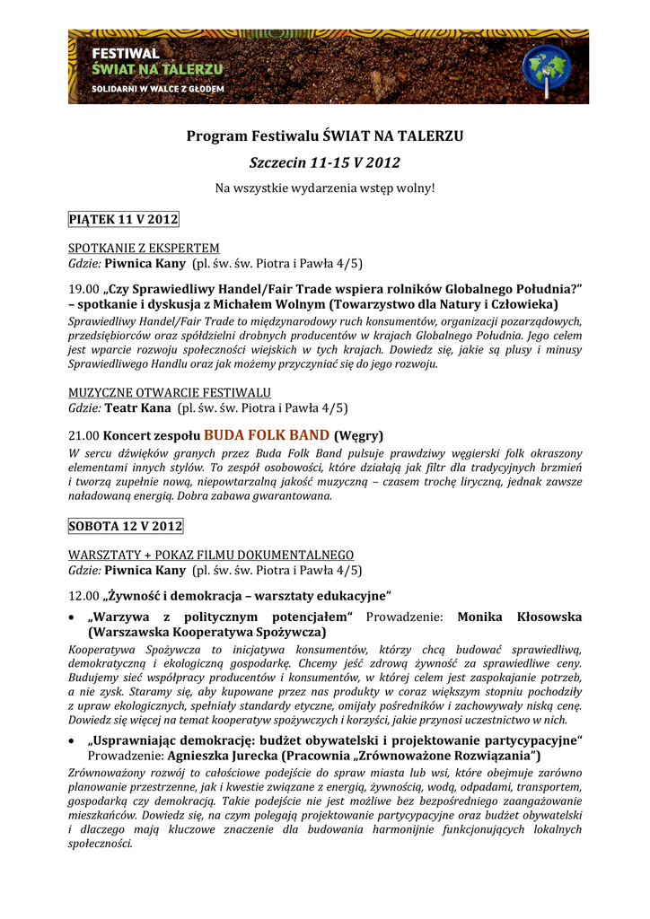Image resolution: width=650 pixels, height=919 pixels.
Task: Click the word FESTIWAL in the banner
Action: pyautogui.click(x=127, y=53)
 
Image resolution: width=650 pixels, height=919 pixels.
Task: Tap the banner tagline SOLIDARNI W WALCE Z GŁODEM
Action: pyautogui.click(x=158, y=89)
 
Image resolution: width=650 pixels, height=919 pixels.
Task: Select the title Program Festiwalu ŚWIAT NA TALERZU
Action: pyautogui.click(x=325, y=136)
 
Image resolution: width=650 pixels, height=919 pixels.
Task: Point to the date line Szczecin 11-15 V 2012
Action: pyautogui.click(x=325, y=162)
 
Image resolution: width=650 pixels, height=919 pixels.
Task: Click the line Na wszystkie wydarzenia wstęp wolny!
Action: pyautogui.click(x=325, y=188)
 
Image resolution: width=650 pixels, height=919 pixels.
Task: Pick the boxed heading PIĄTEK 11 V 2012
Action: pyautogui.click(x=124, y=219)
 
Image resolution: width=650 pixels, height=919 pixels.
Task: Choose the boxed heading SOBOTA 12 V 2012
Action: pyautogui.click(x=126, y=525)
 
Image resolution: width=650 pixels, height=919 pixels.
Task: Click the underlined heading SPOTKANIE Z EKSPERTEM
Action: pyautogui.click(x=145, y=247)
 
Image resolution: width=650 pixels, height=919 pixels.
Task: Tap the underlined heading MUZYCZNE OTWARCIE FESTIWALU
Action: pyautogui.click(x=170, y=392)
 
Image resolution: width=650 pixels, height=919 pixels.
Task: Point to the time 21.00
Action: pyautogui.click(x=84, y=435)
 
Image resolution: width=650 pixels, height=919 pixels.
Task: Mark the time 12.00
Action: pyautogui.click(x=84, y=596)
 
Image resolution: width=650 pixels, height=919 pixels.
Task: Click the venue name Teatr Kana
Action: pyautogui.click(x=138, y=408)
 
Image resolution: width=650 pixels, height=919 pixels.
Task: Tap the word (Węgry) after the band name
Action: pyautogui.click(x=359, y=436)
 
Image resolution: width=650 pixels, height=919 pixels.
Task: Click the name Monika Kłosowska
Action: pyautogui.click(x=519, y=617)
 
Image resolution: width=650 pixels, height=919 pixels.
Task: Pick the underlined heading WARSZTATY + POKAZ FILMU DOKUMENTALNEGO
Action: pyautogui.click(x=211, y=555)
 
